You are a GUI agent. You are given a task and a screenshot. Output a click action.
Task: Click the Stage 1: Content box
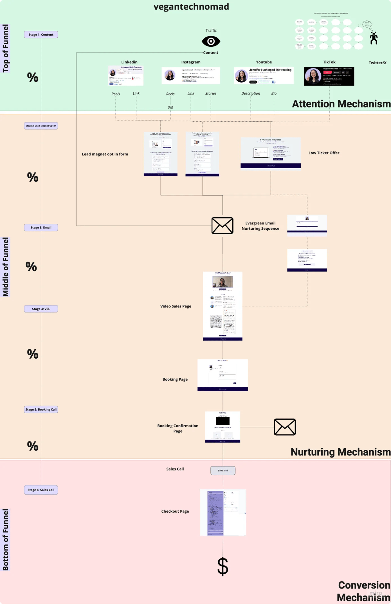pyautogui.click(x=41, y=35)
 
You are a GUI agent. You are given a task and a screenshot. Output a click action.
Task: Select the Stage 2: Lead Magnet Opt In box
pyautogui.click(x=41, y=126)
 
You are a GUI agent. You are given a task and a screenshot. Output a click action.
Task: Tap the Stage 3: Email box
pyautogui.click(x=41, y=227)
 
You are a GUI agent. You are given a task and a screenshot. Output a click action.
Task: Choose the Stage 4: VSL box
pyautogui.click(x=41, y=309)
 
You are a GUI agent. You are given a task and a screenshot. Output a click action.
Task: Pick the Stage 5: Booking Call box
pyautogui.click(x=41, y=409)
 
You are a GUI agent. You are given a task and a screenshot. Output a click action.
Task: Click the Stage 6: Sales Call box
pyautogui.click(x=41, y=490)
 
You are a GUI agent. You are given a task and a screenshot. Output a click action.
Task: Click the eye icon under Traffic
pyautogui.click(x=211, y=42)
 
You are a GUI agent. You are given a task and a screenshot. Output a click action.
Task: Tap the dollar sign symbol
pyautogui.click(x=223, y=566)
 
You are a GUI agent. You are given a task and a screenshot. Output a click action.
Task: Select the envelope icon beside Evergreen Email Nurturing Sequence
pyautogui.click(x=222, y=225)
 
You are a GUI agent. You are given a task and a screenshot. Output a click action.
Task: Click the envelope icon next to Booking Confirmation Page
pyautogui.click(x=285, y=427)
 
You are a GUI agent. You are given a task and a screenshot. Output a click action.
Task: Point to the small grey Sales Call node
pyautogui.click(x=223, y=470)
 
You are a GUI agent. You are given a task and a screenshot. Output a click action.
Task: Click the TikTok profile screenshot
pyautogui.click(x=329, y=76)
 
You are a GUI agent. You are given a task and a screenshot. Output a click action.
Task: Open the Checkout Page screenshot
pyautogui.click(x=223, y=512)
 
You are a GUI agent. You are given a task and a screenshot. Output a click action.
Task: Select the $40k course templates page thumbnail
pyautogui.click(x=271, y=153)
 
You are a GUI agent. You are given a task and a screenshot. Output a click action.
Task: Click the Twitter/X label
pyautogui.click(x=377, y=63)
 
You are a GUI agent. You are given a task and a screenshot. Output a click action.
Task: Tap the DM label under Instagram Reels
pyautogui.click(x=170, y=107)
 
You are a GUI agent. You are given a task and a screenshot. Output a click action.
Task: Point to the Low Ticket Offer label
pyautogui.click(x=324, y=153)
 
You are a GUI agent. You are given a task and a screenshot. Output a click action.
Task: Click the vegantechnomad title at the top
pyautogui.click(x=191, y=7)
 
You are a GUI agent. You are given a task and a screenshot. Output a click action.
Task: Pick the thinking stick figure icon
pyautogui.click(x=374, y=38)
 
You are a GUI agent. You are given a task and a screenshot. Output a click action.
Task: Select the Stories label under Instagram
pyautogui.click(x=211, y=93)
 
